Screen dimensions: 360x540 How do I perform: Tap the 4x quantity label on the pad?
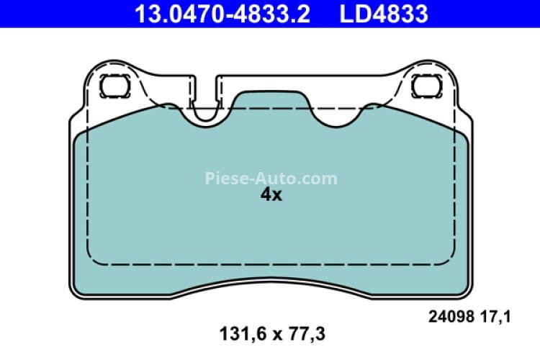271,195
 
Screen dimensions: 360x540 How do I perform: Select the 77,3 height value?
306,333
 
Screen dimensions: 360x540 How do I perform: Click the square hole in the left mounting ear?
112,86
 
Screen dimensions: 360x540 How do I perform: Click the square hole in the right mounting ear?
424,86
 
